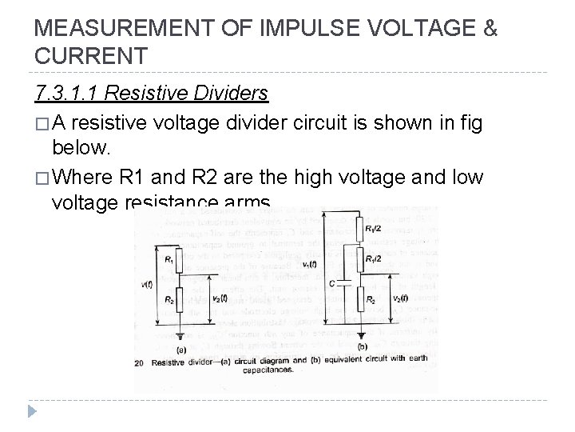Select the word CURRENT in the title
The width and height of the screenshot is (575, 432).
[x=91, y=57]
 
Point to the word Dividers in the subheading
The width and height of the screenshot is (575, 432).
[x=231, y=94]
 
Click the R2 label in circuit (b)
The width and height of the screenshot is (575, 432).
[x=371, y=298]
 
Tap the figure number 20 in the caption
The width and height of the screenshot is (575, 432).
[x=141, y=362]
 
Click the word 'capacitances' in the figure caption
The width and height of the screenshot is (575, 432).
[x=271, y=369]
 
